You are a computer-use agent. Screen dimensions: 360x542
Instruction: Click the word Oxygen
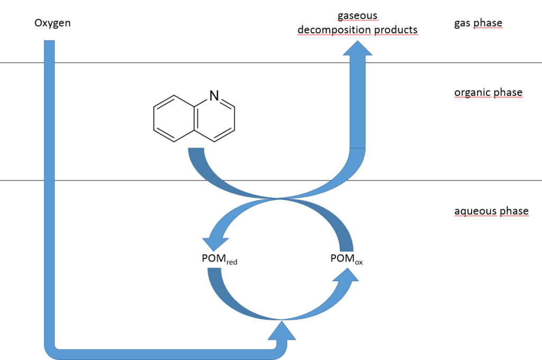[52, 23]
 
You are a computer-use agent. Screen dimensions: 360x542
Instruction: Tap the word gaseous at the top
[357, 16]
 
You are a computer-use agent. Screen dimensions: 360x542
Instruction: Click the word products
[396, 30]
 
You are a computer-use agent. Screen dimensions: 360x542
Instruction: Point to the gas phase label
[478, 23]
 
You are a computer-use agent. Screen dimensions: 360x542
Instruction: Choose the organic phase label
[488, 93]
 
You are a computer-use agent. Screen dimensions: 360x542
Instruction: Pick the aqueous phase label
[491, 211]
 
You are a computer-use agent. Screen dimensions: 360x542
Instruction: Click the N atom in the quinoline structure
[214, 96]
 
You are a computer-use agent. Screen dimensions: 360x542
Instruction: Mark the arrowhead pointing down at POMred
[215, 241]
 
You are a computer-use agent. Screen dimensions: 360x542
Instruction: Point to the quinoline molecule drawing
[194, 118]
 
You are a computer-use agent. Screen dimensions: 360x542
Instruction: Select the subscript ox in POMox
[358, 262]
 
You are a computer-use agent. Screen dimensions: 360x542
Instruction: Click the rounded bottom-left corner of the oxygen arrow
[51, 349]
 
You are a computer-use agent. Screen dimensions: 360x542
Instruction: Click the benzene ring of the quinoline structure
[174, 119]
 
